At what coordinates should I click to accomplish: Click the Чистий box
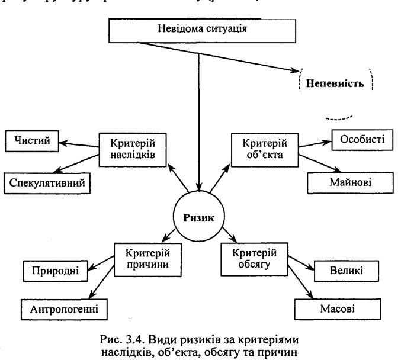pyautogui.click(x=33, y=142)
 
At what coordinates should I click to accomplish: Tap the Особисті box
pyautogui.click(x=358, y=140)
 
